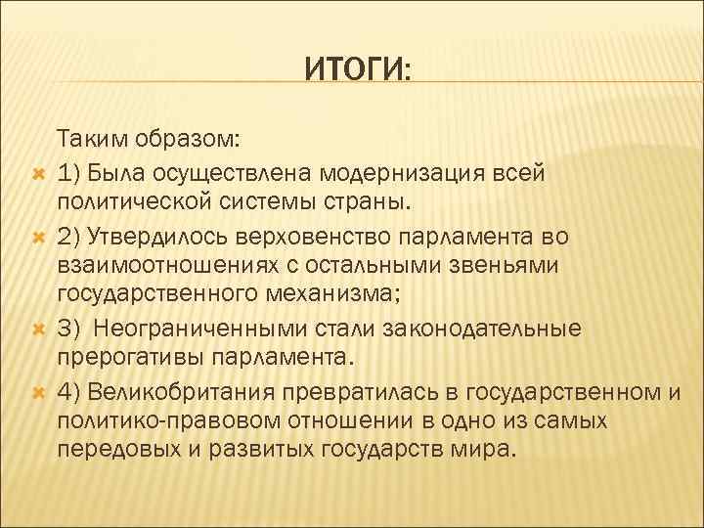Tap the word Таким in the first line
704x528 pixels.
(x=88, y=139)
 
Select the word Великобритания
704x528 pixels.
(x=181, y=392)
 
